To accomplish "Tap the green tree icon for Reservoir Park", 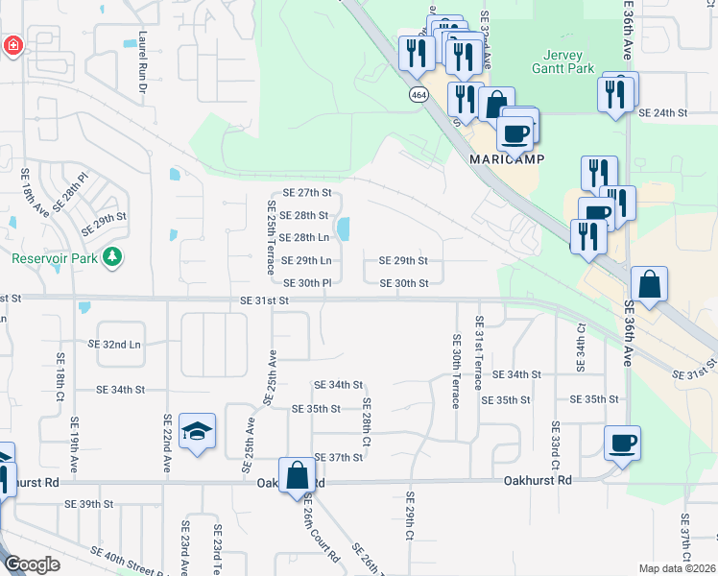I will pos(113,256).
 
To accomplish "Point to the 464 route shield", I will pos(419,95).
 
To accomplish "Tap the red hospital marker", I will pos(13,45).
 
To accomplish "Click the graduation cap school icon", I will pos(197,431).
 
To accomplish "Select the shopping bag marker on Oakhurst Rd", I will pos(298,474).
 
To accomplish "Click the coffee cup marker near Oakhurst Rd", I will pos(623,443).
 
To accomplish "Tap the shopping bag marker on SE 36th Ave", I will pos(649,284).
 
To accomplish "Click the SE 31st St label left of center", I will pos(265,300).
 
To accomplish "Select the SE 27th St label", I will pos(306,193).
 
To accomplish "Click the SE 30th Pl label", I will pos(307,283).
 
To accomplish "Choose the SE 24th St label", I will pos(664,113).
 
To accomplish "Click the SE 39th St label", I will pos(89,504).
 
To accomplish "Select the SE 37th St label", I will pos(338,457).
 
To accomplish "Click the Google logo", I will pos(33,564).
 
